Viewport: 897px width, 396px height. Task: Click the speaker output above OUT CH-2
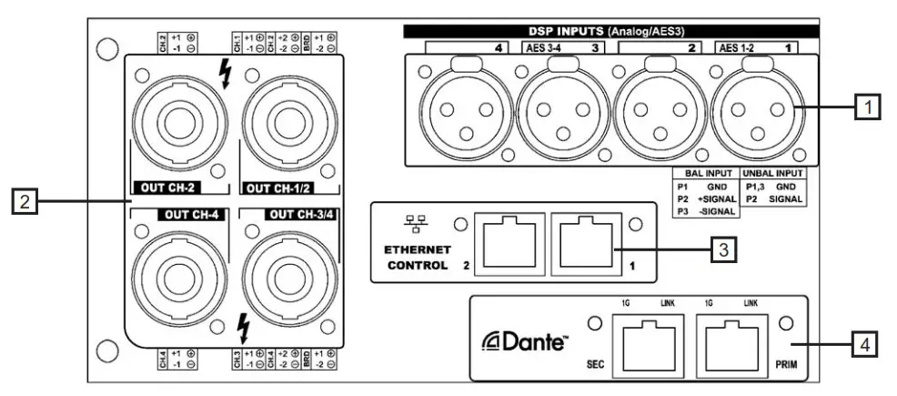[178, 119]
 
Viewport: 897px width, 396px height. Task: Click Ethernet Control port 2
[510, 243]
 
